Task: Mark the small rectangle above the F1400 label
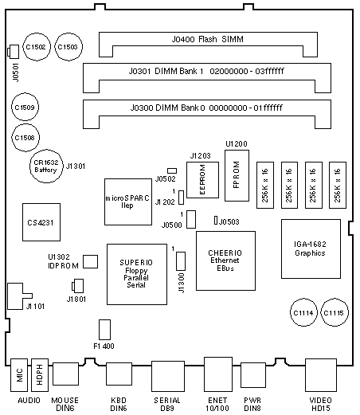click(x=104, y=330)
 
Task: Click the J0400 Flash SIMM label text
click(x=207, y=39)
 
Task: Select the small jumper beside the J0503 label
click(x=216, y=220)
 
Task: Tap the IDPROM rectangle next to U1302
click(x=90, y=261)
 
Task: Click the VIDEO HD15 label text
click(x=321, y=404)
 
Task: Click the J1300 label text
click(x=182, y=283)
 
